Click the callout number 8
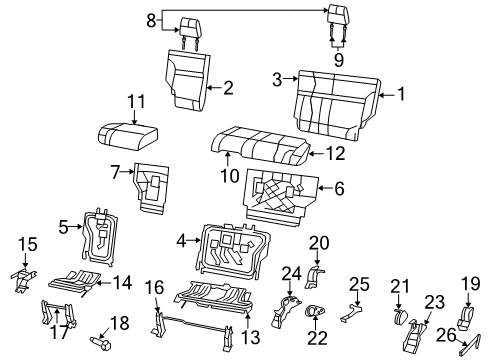point(151,19)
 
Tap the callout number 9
point(338,60)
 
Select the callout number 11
point(132,100)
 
